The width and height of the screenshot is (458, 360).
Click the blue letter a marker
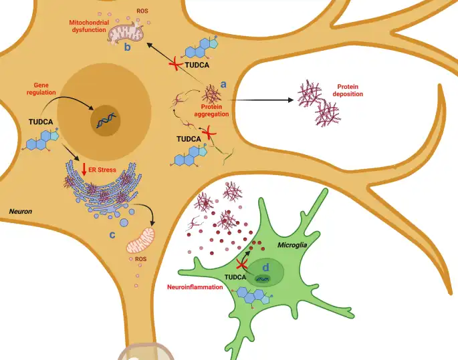pos(223,84)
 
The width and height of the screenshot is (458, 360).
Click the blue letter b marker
pos(127,46)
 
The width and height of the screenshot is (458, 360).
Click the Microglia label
pos(292,245)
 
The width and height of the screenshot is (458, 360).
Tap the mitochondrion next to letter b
pos(126,33)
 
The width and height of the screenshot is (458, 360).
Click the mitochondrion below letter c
pos(140,240)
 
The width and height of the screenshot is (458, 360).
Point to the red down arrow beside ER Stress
pos(84,170)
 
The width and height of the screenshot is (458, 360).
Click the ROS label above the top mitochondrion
pos(142,11)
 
